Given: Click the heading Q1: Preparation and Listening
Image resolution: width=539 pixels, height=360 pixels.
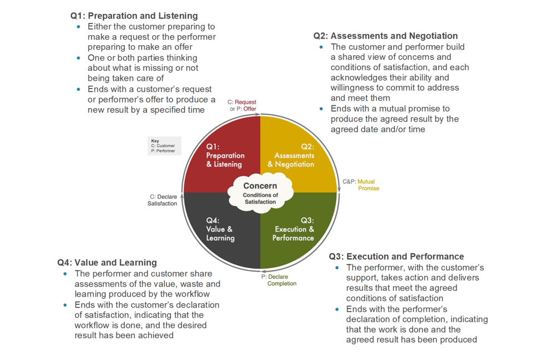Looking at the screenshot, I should click(x=134, y=16).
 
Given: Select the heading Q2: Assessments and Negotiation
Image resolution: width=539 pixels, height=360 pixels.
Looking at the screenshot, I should click(x=385, y=36).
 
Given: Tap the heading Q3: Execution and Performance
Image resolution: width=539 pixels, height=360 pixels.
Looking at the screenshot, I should click(x=396, y=257).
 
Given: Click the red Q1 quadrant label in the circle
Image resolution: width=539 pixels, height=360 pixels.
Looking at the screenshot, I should click(x=225, y=155).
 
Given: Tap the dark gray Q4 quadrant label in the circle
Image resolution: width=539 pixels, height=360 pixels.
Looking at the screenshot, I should click(x=220, y=229).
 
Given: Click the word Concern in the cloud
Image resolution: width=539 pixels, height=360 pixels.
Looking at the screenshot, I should click(x=260, y=186).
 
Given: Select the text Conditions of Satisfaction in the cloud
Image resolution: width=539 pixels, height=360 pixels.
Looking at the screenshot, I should click(x=260, y=198).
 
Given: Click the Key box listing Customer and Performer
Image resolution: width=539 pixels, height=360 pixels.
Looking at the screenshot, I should click(x=164, y=146).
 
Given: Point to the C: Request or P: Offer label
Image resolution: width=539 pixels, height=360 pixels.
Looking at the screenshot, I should click(x=243, y=105).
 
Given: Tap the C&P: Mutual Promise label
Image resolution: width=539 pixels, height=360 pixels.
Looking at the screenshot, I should click(x=362, y=185).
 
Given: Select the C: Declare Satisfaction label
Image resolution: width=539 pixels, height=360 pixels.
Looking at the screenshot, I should click(x=163, y=200).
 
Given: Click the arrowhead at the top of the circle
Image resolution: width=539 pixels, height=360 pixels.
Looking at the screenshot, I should click(x=259, y=116).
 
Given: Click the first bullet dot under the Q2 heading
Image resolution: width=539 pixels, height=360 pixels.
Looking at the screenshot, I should click(x=321, y=47).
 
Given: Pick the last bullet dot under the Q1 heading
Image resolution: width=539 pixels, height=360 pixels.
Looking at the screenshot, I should click(x=79, y=89).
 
